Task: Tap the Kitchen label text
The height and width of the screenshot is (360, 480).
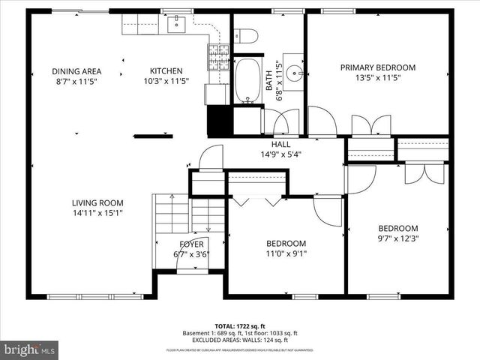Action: tap(166, 71)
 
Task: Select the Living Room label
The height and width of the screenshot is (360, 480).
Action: tap(97, 202)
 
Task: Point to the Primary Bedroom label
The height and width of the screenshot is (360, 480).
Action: tap(377, 67)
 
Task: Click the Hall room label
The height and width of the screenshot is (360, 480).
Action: tap(280, 144)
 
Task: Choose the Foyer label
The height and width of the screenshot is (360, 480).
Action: tap(190, 244)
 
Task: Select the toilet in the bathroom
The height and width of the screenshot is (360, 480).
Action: tap(246, 36)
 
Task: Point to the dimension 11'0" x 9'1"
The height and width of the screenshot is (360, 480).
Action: tap(286, 253)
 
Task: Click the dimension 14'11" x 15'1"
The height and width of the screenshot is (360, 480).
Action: tap(97, 212)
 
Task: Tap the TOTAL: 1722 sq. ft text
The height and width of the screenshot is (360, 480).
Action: tap(240, 325)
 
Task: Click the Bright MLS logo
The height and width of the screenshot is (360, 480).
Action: tap(30, 349)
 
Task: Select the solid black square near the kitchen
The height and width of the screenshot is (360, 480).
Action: tap(218, 120)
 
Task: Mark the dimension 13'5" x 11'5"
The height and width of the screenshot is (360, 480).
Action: tap(377, 77)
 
